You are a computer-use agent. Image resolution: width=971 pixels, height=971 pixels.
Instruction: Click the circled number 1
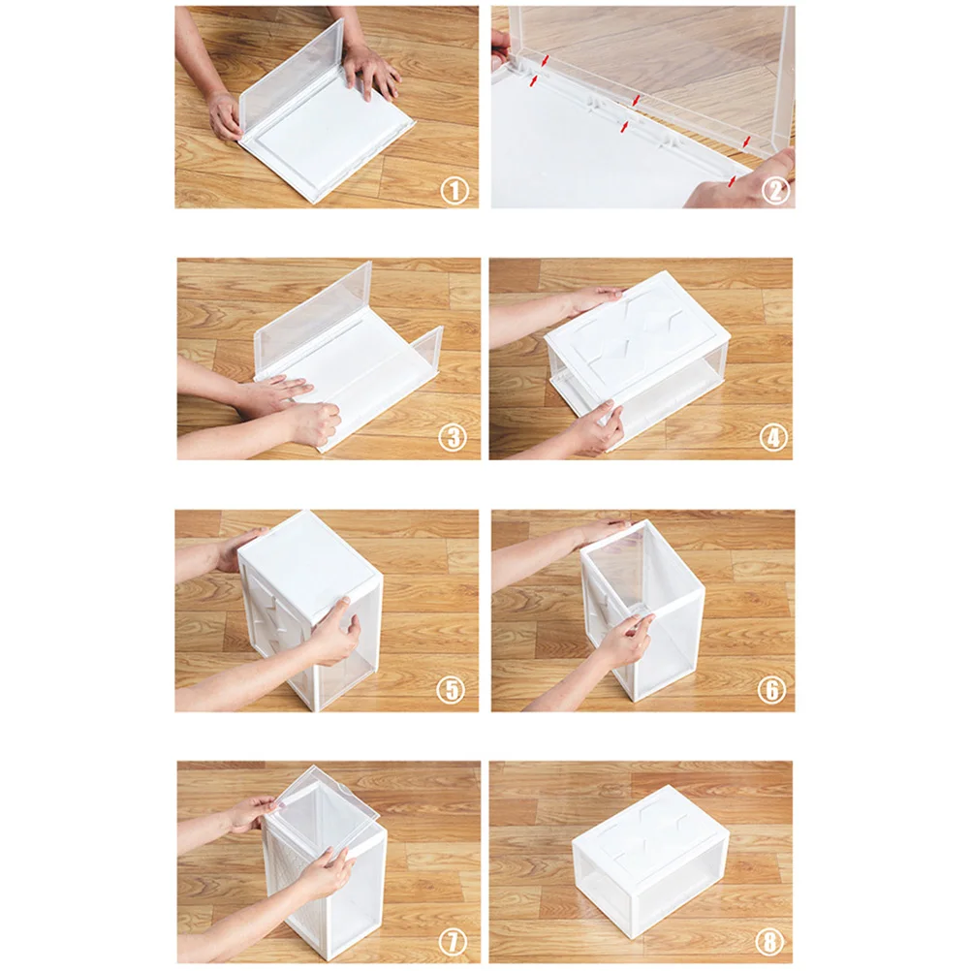(x=454, y=191)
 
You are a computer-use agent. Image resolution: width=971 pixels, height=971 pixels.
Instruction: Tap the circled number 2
(x=775, y=191)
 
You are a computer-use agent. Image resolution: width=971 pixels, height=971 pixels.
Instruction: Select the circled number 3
(x=453, y=437)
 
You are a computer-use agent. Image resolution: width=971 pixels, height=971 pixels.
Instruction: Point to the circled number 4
(x=773, y=437)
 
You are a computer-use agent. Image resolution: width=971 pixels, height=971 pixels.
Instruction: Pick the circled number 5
(x=451, y=689)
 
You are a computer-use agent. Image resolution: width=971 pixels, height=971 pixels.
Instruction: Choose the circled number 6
(x=771, y=689)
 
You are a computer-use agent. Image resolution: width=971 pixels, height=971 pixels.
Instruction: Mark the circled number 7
(x=453, y=942)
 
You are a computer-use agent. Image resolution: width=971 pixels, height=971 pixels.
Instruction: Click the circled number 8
(x=769, y=942)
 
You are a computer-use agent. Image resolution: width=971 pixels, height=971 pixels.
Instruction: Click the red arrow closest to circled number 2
(x=734, y=181)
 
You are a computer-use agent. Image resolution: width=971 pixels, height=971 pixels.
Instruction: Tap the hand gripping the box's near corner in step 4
(x=593, y=427)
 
